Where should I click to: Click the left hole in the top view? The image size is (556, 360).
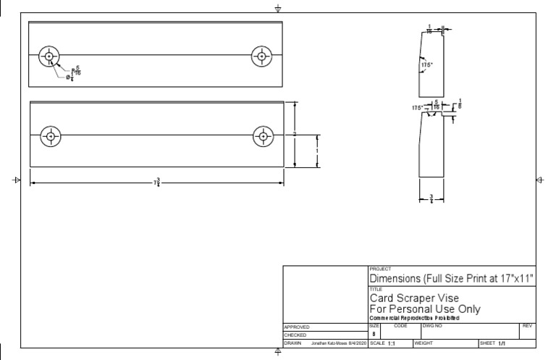[49, 56]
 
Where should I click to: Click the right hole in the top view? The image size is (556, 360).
[261, 56]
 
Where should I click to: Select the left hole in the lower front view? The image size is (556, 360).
[51, 135]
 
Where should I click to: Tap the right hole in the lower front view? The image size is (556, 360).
[263, 135]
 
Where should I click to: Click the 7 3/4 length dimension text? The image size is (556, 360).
[157, 183]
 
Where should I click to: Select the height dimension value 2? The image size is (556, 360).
[295, 135]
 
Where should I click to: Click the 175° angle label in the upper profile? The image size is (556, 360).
[427, 64]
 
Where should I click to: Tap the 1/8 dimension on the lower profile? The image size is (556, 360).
[460, 104]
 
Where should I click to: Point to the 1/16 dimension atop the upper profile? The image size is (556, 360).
[429, 30]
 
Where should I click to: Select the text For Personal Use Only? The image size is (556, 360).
[425, 309]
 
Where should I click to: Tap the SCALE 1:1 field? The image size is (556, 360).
[384, 343]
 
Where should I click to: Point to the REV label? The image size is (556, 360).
[527, 327]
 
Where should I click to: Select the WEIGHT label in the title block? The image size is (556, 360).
[424, 343]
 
